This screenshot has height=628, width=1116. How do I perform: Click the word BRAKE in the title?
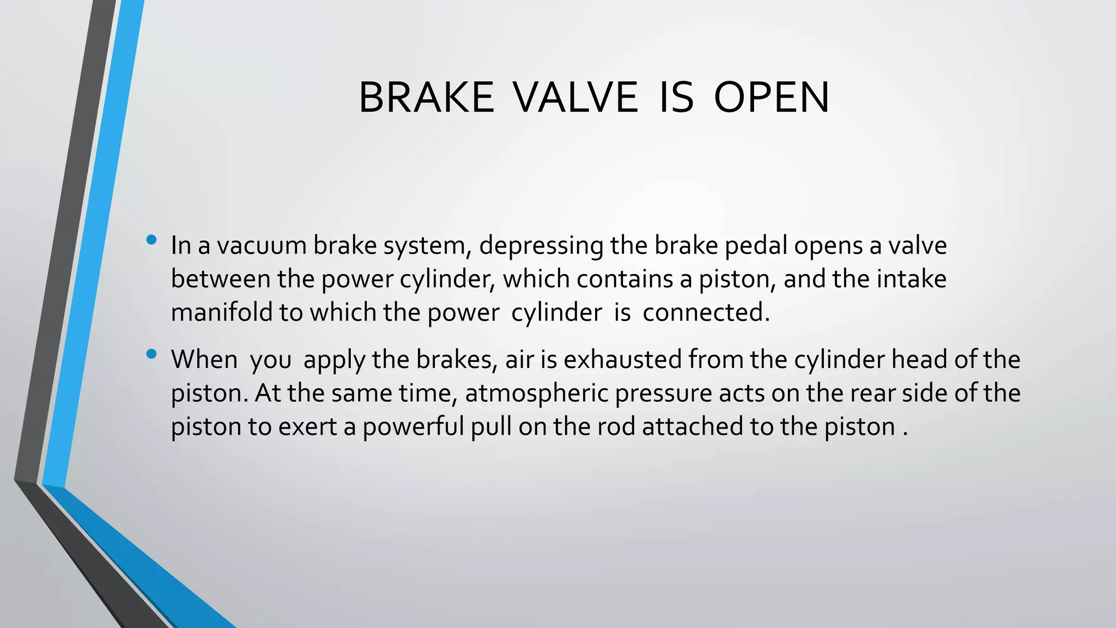pos(426,98)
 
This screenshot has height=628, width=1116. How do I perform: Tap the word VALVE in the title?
pos(575,98)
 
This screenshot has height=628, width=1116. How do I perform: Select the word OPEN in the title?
pos(771,98)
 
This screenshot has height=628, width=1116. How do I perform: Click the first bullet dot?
pos(151,239)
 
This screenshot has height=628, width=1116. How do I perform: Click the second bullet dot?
pos(151,354)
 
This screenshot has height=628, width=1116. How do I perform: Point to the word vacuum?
pos(264,245)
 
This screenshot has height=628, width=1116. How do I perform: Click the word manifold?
pos(221,312)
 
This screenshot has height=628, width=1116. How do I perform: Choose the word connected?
pos(706,312)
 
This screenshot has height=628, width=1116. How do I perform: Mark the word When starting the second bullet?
pos(204,360)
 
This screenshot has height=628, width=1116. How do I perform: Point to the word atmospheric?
pos(536,394)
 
